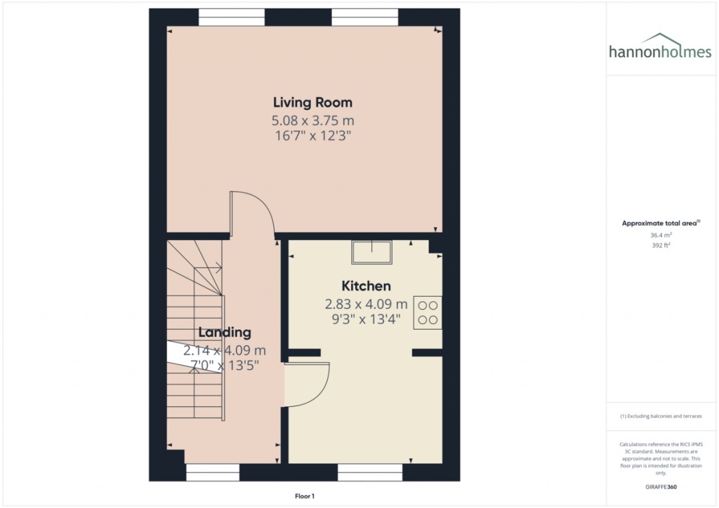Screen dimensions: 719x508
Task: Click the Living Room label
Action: tap(312, 102)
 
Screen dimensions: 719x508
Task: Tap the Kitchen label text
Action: tap(366, 286)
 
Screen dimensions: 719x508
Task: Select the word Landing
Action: tap(225, 333)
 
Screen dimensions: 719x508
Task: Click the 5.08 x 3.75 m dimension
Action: tap(312, 121)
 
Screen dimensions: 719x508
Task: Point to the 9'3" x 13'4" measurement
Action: tap(366, 319)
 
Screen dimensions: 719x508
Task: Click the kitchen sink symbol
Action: tap(371, 253)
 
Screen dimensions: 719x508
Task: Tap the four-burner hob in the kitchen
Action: tap(428, 313)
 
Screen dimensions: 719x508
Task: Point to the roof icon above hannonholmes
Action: tap(659, 38)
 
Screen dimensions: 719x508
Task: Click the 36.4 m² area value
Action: tap(661, 235)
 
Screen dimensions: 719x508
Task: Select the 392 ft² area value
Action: tap(661, 245)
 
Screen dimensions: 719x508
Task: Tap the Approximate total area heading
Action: tap(661, 223)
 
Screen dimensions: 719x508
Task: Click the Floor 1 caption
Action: tap(305, 496)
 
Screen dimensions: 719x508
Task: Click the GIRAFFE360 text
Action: tap(661, 487)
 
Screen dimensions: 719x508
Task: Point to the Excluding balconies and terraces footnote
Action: tap(661, 416)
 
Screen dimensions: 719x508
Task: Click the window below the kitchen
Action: tap(370, 472)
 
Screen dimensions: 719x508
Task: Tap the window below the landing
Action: tap(213, 472)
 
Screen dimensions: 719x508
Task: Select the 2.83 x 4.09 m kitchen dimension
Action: tap(366, 304)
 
